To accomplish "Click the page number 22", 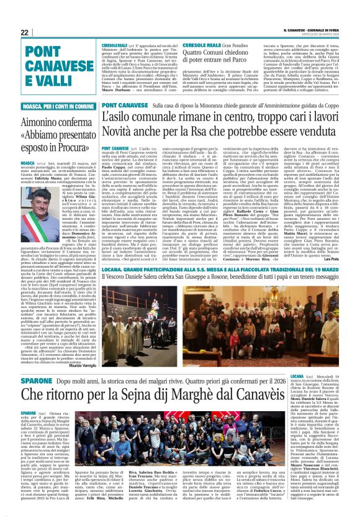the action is [9, 32].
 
